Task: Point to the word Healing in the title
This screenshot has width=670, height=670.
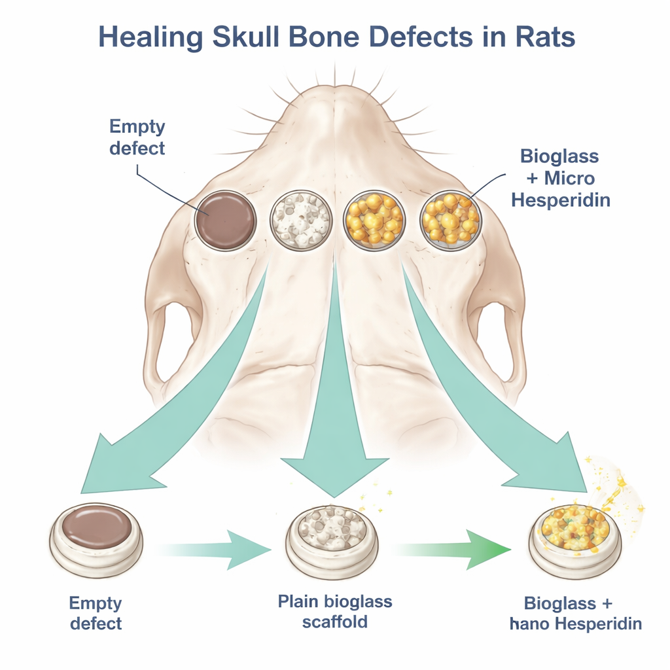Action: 149,37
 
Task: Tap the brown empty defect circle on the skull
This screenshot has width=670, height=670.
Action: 226,220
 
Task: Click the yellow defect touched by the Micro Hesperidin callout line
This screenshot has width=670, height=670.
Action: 448,220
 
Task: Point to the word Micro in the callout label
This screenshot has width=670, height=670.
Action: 567,179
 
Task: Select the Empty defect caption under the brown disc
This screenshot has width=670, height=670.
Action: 96,612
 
